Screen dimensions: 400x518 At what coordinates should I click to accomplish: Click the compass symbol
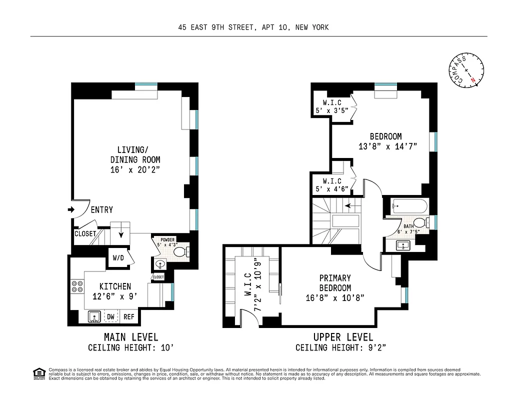coord(467,71)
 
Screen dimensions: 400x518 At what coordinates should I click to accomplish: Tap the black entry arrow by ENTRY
coord(70,209)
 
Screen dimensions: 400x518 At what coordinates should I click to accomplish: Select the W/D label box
coord(118,258)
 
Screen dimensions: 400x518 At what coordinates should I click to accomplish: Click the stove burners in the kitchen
coord(77,286)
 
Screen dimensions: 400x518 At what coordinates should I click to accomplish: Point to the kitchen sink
coord(93,316)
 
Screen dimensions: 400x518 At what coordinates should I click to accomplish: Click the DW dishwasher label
coord(110,316)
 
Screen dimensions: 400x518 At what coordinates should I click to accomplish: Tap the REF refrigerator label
coord(128,316)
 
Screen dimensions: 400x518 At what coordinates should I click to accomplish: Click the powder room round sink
coord(160,264)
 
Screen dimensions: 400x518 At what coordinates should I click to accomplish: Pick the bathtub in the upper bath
coord(409,205)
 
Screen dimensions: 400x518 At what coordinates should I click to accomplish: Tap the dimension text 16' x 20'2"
coord(135,170)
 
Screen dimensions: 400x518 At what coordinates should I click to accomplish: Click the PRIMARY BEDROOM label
coord(335,282)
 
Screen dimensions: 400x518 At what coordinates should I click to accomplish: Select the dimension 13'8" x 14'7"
coord(387,146)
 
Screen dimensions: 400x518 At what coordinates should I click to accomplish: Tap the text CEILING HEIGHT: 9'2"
coord(340,347)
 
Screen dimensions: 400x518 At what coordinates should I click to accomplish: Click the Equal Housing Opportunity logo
coord(37,372)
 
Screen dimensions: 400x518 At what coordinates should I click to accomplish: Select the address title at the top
coord(253,27)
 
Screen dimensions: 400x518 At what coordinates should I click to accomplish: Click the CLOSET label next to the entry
coord(85,233)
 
